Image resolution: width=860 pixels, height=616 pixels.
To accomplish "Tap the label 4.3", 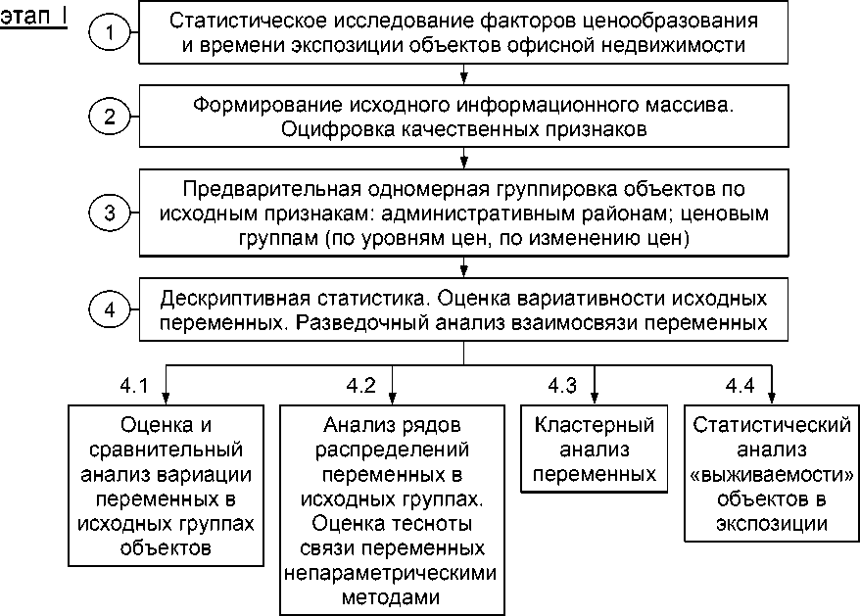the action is click(562, 385).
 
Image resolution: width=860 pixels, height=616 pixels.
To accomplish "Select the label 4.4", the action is click(741, 385).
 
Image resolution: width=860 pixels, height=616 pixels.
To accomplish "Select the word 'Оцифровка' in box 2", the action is click(329, 128).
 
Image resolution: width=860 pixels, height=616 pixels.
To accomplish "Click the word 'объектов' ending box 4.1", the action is click(165, 547).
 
